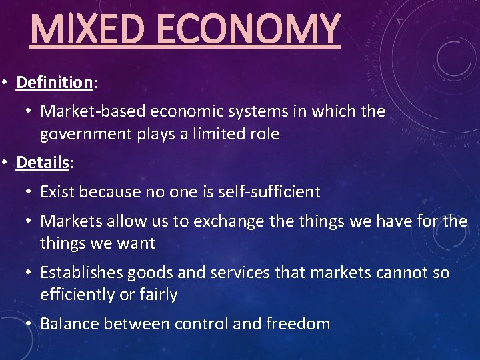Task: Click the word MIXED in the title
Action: coord(75,30)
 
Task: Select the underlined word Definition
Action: coord(54,83)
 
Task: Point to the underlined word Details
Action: coord(43,162)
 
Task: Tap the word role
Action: coord(262,134)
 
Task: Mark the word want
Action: coord(137,243)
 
